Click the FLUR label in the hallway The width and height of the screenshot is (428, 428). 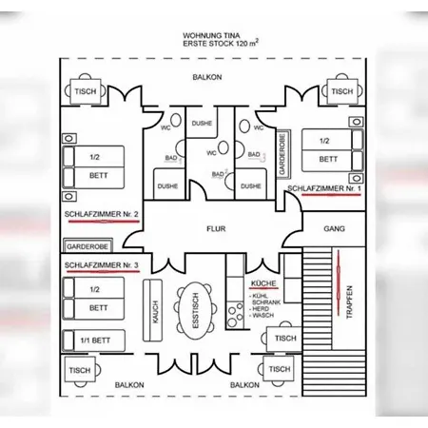216,228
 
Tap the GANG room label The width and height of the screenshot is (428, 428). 334,228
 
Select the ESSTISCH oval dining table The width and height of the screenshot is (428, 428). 196,311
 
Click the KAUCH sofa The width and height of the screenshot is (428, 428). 152,310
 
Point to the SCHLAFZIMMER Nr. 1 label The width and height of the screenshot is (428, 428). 324,188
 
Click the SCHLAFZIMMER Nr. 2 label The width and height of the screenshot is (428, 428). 102,214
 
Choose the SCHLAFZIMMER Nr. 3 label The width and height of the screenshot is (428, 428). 102,265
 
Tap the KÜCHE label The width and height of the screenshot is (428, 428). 263,283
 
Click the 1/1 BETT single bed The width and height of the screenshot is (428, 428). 94,340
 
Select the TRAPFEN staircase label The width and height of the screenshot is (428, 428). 349,302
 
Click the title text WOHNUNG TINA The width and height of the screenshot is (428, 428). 211,35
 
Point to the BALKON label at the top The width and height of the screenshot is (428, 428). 207,77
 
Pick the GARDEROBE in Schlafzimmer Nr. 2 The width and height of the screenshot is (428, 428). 88,246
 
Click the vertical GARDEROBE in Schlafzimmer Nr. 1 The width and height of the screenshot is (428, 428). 283,154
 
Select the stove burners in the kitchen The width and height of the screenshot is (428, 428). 235,315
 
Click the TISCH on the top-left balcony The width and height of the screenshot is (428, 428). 86,91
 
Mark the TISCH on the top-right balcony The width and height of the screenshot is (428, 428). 342,91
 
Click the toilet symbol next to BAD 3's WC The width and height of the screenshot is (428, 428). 244,126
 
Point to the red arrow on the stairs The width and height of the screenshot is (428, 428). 339,282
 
